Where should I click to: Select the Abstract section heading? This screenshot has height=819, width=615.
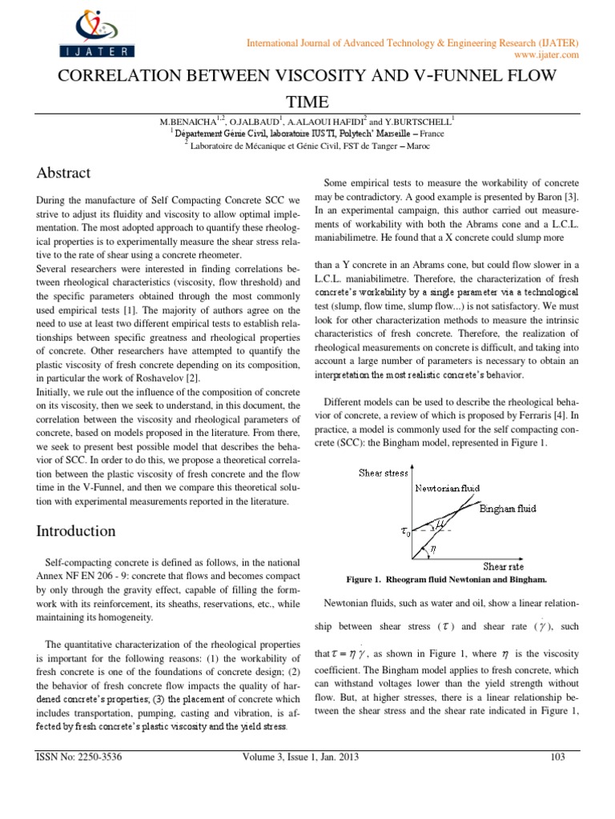click(x=64, y=173)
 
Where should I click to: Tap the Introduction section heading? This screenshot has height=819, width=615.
click(x=76, y=531)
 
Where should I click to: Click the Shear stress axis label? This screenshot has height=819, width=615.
click(x=384, y=473)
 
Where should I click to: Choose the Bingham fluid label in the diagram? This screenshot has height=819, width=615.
click(x=507, y=507)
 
